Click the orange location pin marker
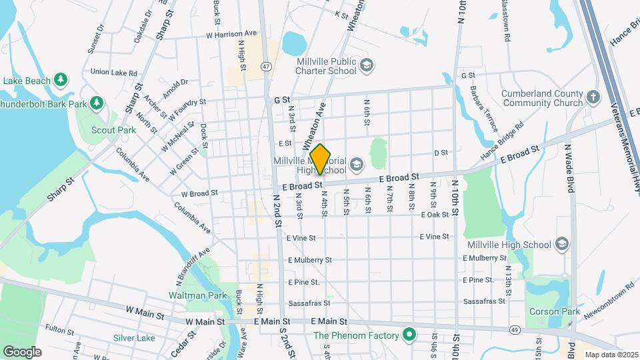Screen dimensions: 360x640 [x=320, y=159]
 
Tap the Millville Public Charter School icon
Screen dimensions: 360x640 [x=366, y=65]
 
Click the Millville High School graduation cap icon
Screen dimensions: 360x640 [x=562, y=244]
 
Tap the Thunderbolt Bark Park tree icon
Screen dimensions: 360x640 [x=97, y=103]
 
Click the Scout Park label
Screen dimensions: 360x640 [x=114, y=131]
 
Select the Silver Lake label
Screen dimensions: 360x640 [x=134, y=338]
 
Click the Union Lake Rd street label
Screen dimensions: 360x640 [x=113, y=73]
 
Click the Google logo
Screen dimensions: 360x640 [x=22, y=351]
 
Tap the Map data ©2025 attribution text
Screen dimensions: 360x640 [x=611, y=355]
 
